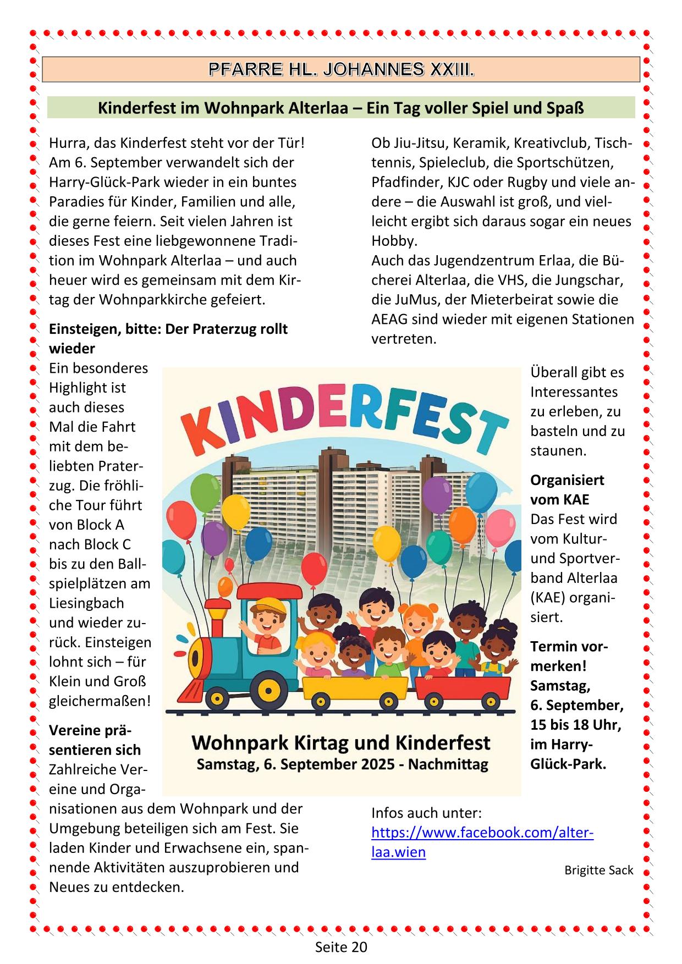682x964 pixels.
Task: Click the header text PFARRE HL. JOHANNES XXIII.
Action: (341, 70)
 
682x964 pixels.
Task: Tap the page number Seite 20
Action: (341, 947)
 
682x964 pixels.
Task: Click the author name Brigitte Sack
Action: (599, 871)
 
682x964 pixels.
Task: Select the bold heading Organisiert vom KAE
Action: (566, 489)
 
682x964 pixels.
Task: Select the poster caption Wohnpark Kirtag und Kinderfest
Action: (341, 743)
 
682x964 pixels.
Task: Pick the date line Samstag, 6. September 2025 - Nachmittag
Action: (342, 764)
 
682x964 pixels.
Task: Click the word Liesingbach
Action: (86, 603)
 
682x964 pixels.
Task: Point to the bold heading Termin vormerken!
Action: (569, 656)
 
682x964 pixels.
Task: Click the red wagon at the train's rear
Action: (463, 687)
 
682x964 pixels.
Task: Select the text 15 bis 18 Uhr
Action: (575, 725)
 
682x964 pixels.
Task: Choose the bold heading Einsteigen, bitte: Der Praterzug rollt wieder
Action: (168, 338)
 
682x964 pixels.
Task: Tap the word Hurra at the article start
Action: (68, 143)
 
